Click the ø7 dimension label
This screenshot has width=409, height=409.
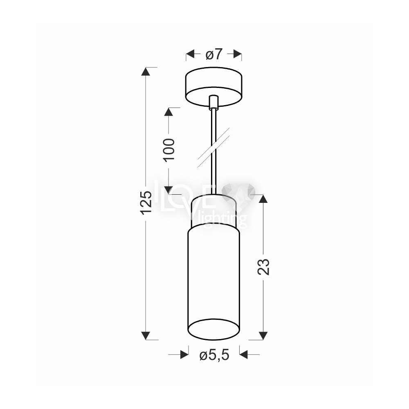(213, 54)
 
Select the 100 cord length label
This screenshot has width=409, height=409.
(169, 150)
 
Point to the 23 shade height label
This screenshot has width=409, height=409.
(263, 267)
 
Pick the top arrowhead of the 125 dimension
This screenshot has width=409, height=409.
(146, 72)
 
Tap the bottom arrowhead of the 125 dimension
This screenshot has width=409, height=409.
(146, 335)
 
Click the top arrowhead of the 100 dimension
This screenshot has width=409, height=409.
(169, 112)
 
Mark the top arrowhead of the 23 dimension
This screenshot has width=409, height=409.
(263, 199)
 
